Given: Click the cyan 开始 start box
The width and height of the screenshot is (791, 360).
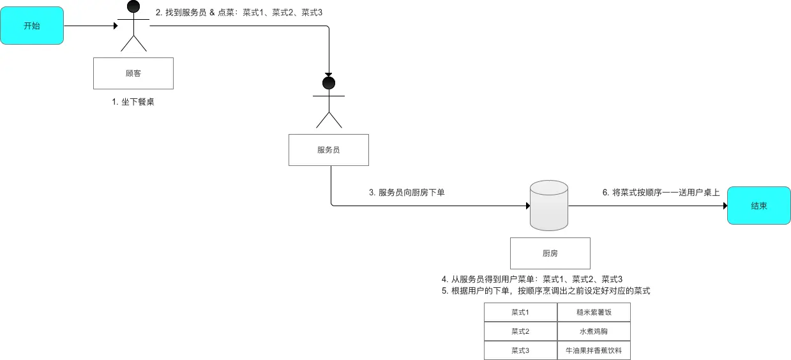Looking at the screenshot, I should pos(32,26).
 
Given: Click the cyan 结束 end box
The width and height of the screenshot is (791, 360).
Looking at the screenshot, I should pos(758,206).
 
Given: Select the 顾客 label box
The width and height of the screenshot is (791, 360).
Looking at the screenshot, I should pos(133,73).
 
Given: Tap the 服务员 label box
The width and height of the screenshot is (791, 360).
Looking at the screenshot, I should pos(328,150).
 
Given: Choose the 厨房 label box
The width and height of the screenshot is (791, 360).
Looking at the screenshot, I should pos(550,253).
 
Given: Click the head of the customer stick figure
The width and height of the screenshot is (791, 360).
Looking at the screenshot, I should pos(133,6).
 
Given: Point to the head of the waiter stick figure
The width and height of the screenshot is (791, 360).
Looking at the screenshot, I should pos(328,82).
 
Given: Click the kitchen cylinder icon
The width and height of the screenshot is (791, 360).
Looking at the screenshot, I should pos(549,205).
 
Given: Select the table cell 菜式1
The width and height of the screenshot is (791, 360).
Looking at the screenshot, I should pos(520,312).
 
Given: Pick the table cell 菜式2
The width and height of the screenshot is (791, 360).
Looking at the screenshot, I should pos(520,331).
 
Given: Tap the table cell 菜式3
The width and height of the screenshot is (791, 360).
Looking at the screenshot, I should pos(520,350).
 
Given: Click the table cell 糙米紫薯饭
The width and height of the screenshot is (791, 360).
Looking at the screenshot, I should pos(594,312).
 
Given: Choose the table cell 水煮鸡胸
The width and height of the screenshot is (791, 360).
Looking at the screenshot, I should pos(594,331).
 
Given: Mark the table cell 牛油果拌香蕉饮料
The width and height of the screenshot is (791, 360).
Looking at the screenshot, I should pos(594,350).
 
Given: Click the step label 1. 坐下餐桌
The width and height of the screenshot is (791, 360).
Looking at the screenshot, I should pos(133,101).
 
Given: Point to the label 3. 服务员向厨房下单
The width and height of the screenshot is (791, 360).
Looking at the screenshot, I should pos(407,192).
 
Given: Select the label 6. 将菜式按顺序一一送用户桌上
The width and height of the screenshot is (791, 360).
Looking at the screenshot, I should pos(661,192).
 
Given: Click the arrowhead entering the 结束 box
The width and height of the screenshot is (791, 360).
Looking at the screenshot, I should pos(724,206).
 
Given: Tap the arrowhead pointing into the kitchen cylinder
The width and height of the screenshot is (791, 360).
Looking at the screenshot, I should pos(527,206).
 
